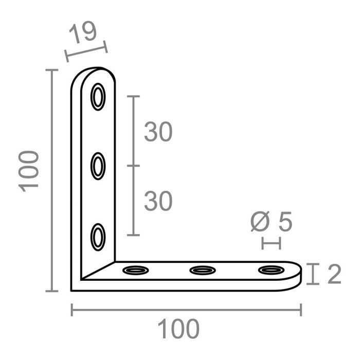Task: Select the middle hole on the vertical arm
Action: pos(98,166)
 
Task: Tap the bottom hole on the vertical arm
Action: pos(98,237)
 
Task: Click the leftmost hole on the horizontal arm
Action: pos(134,269)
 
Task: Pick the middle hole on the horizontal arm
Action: pos(203,269)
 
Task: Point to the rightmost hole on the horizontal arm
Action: pos(271,269)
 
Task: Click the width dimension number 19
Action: pos(83,33)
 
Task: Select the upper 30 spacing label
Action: pos(158,132)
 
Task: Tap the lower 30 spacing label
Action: pos(158,201)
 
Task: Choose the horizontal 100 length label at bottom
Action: pos(177,329)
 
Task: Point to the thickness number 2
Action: pos(334,275)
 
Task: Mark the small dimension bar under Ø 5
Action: pos(271,243)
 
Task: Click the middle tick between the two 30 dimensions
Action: pos(133,166)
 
